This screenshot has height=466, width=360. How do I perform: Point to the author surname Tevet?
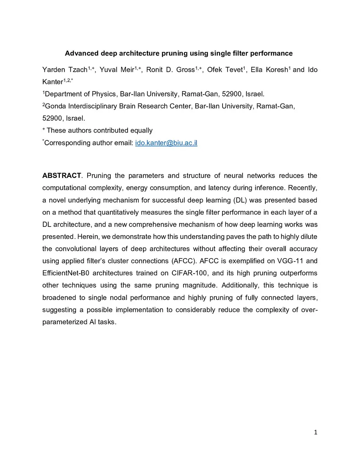(234, 70)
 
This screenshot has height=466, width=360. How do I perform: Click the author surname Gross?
(185, 70)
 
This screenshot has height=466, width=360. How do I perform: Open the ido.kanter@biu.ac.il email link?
(166, 143)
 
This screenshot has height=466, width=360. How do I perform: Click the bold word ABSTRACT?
(62, 175)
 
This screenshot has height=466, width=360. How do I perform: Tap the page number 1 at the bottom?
(315, 432)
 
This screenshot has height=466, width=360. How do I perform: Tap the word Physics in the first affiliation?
(104, 94)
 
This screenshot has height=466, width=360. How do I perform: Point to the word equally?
(141, 130)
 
